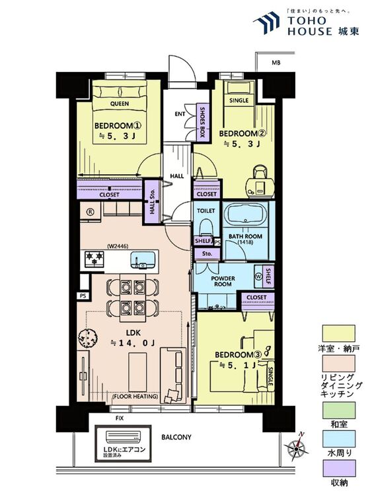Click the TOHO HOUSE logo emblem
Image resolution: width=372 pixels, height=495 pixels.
click(x=266, y=22)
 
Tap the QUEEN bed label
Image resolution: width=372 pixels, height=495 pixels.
click(x=120, y=104)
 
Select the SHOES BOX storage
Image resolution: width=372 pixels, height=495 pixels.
click(x=202, y=121)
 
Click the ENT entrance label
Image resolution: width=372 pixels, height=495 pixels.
click(x=180, y=114)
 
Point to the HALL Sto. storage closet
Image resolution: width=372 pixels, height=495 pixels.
click(x=152, y=202)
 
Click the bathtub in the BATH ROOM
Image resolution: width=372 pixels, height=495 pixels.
click(x=246, y=214)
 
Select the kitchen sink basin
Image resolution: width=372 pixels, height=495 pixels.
click(x=143, y=259)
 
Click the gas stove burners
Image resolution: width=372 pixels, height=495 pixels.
click(x=94, y=258)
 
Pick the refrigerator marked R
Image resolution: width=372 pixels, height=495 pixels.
click(x=91, y=212)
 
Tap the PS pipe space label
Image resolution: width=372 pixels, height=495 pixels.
click(x=83, y=296)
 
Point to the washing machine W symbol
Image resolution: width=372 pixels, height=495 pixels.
click(x=258, y=276)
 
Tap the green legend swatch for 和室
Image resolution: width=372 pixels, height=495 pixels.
click(x=338, y=410)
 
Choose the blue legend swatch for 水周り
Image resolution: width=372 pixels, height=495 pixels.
click(x=338, y=439)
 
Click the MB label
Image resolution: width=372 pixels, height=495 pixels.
click(x=276, y=63)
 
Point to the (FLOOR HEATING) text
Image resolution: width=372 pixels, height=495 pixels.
click(x=135, y=396)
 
